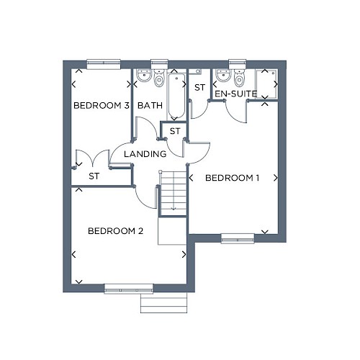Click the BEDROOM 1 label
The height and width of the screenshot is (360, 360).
pos(232,178)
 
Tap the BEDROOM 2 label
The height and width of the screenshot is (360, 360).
pos(115,231)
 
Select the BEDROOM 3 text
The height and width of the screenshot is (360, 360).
pos(102,105)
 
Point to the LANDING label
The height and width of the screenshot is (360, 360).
pos(145,154)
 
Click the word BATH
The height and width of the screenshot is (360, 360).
pos(150,105)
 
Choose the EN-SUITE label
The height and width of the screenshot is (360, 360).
pos(235,94)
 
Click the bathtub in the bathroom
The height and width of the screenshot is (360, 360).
pos(176,96)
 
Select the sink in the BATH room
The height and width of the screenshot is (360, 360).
pos(144,75)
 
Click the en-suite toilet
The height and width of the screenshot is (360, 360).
pos(239,78)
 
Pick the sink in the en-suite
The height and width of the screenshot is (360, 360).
pos(223,75)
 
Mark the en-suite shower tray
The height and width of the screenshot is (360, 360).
pos(266,84)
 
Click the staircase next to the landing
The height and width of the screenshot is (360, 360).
pos(174,193)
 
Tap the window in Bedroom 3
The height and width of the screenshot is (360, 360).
pos(103,64)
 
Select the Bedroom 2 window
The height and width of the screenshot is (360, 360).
pos(129,289)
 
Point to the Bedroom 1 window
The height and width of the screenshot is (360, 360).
pos(238,238)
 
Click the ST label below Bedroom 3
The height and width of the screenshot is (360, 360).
pos(94,176)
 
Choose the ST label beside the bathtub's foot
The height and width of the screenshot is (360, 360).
pos(175,131)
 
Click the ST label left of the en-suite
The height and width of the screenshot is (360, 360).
pos(200,88)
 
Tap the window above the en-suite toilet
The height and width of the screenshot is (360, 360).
pos(238,64)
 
